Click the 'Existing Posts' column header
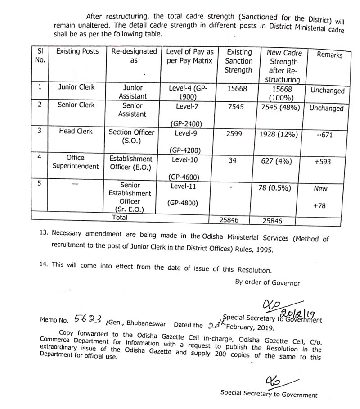coord(77,51)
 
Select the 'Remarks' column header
coord(329,55)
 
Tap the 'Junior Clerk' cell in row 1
coord(76,87)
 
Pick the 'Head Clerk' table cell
coord(76,131)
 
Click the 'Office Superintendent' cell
coord(76,162)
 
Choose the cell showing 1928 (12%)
coord(282,132)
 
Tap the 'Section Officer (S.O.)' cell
coord(131,136)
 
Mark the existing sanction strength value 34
coord(233,160)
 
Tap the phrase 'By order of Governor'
coord(267,282)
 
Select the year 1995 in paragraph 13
coord(263,248)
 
